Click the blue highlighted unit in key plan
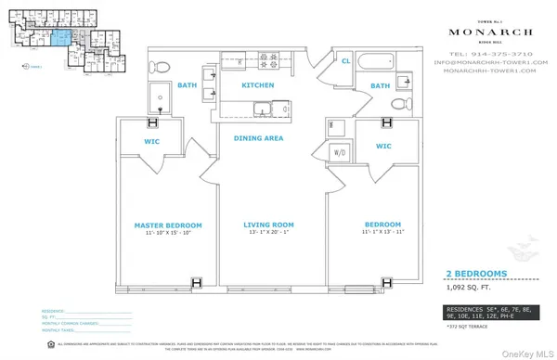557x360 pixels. [x=59, y=36]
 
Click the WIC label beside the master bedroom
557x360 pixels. [x=154, y=143]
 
